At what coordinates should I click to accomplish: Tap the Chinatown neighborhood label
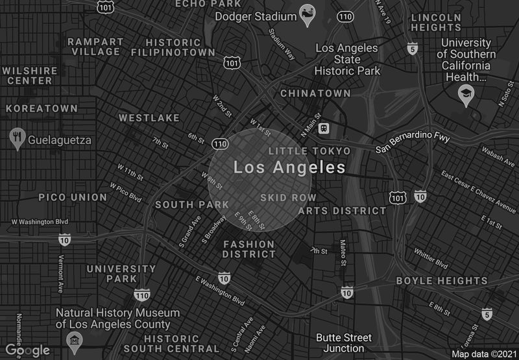pyautogui.click(x=315, y=94)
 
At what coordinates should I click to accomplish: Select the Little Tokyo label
pyautogui.click(x=309, y=151)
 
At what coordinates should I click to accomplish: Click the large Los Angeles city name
pyautogui.click(x=289, y=168)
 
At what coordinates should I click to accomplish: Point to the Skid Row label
pyautogui.click(x=288, y=197)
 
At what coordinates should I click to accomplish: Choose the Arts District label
pyautogui.click(x=342, y=211)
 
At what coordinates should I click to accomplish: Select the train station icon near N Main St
pyautogui.click(x=323, y=128)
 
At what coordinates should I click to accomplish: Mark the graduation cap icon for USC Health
pyautogui.click(x=466, y=96)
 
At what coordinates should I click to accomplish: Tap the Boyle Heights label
pyautogui.click(x=442, y=282)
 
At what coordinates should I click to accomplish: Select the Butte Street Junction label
pyautogui.click(x=344, y=343)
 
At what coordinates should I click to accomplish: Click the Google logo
pyautogui.click(x=28, y=350)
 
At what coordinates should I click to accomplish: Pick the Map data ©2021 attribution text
pyautogui.click(x=483, y=354)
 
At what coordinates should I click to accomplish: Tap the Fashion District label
pyautogui.click(x=249, y=249)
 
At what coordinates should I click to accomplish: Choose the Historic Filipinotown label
pyautogui.click(x=173, y=47)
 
